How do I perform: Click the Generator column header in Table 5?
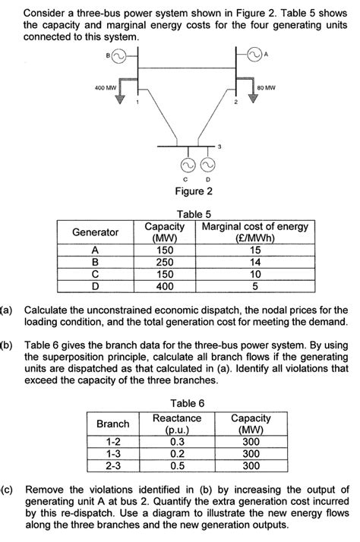click(94, 232)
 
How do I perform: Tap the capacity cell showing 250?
click(164, 262)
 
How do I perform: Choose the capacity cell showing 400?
click(164, 286)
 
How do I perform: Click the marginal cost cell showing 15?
click(254, 250)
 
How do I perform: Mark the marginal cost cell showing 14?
click(254, 262)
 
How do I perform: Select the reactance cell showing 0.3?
click(177, 441)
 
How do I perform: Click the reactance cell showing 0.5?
click(177, 465)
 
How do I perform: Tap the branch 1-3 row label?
click(113, 453)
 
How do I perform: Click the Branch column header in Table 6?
click(113, 423)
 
